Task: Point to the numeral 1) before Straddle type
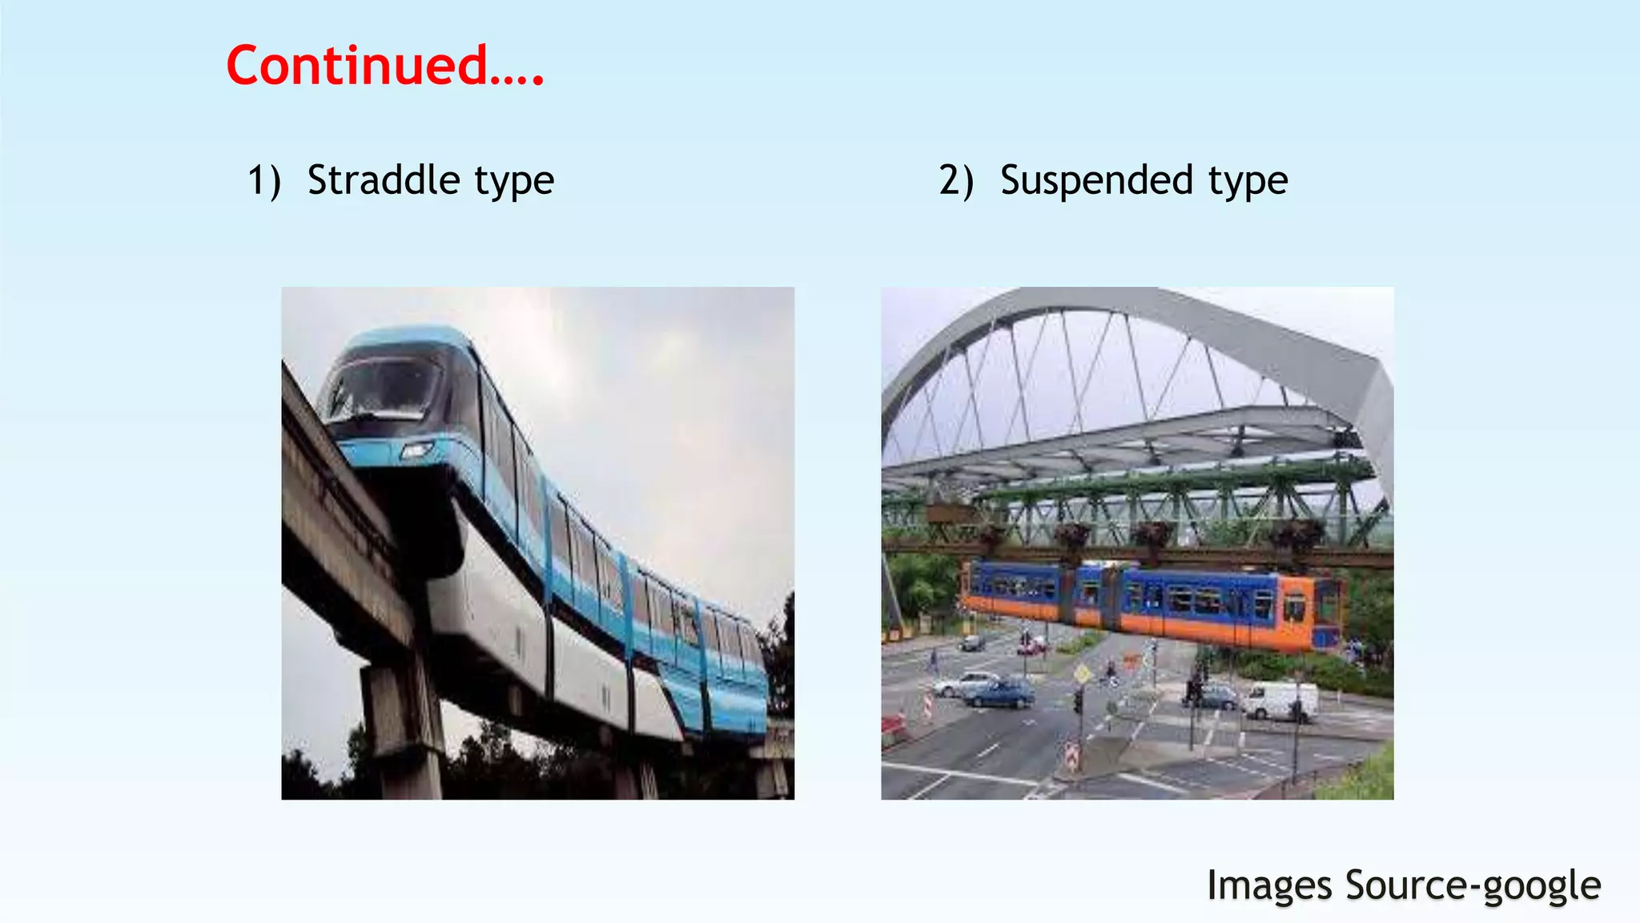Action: click(x=263, y=180)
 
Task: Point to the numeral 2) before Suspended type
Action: click(x=956, y=180)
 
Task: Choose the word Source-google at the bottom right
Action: click(x=1473, y=886)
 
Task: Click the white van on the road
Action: click(x=1280, y=700)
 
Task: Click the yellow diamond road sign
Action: click(x=1082, y=674)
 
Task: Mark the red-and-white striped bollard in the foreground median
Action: click(x=1071, y=756)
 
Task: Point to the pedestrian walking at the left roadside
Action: click(x=934, y=660)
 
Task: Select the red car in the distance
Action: click(x=1031, y=645)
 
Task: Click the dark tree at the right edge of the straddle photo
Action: click(x=781, y=657)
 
